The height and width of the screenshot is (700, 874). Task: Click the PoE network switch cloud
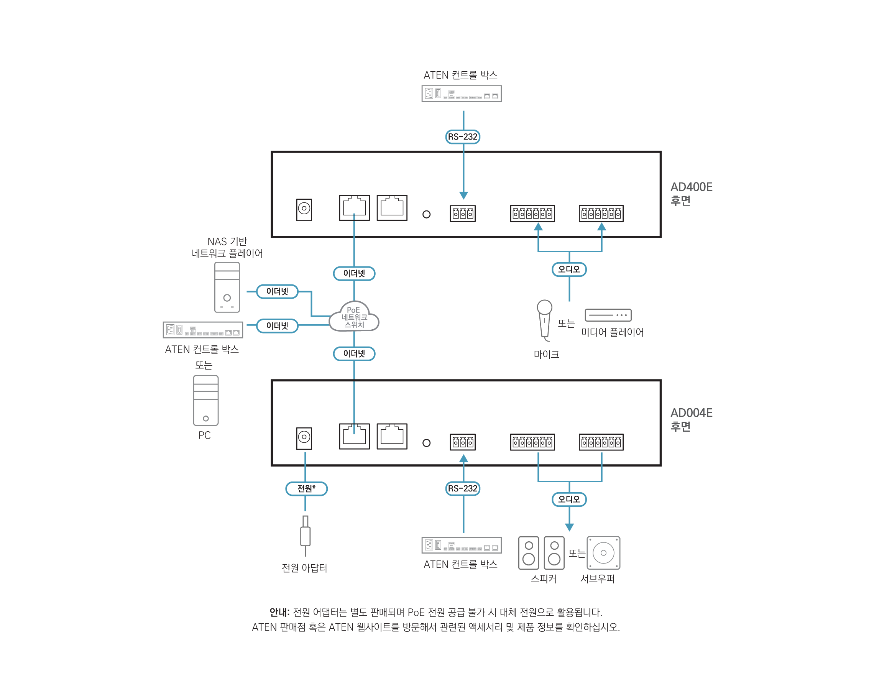point(354,317)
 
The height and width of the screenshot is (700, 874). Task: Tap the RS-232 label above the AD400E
point(463,137)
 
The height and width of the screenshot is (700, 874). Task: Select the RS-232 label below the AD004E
point(463,488)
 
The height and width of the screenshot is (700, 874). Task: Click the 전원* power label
point(306,488)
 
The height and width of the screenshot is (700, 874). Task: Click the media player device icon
point(608,315)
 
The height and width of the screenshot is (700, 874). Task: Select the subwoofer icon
point(603,553)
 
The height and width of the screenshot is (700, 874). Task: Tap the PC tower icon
point(205,401)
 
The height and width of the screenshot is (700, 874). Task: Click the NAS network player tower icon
point(227,288)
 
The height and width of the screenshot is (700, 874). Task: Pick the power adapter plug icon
point(305,535)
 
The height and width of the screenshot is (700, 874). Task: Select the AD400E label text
point(691,187)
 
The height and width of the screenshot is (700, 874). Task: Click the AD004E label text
point(691,413)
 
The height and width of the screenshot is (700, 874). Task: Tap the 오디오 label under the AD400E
point(569,269)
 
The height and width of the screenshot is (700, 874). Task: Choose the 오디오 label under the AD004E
point(569,500)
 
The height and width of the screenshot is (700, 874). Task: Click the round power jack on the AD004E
point(304,437)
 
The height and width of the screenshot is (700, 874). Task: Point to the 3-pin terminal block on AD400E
point(462,214)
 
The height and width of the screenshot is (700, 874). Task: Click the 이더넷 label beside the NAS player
point(277,291)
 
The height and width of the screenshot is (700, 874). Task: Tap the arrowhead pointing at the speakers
point(569,527)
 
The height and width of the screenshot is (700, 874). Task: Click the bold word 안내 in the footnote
point(279,612)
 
